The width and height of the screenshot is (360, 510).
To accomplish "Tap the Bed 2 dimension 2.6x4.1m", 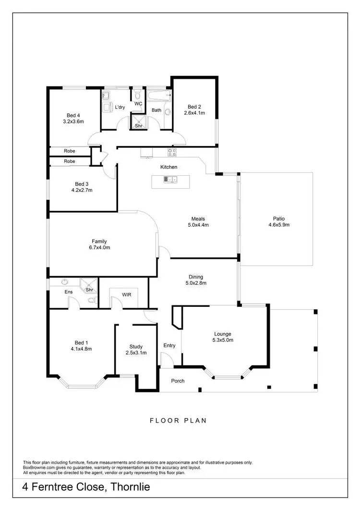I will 194,113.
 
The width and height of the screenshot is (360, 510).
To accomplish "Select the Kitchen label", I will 169,167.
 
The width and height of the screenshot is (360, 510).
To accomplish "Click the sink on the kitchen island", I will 170,180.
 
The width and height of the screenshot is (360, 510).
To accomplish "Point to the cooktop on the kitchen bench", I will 172,152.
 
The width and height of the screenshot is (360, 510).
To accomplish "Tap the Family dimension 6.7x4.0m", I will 99,248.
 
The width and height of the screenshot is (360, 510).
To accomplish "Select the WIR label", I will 127,294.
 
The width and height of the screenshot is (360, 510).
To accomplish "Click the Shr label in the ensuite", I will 89,290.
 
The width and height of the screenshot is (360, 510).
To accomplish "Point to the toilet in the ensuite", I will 92,301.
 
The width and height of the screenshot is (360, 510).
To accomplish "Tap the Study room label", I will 136,346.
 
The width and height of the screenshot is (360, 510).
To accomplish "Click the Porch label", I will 178,381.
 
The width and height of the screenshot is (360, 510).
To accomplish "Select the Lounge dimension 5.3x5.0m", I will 223,340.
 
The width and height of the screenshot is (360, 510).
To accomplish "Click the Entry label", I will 169,345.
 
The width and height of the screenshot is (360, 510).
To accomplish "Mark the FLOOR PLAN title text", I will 178,420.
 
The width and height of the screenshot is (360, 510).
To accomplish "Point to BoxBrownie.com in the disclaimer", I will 41,467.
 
